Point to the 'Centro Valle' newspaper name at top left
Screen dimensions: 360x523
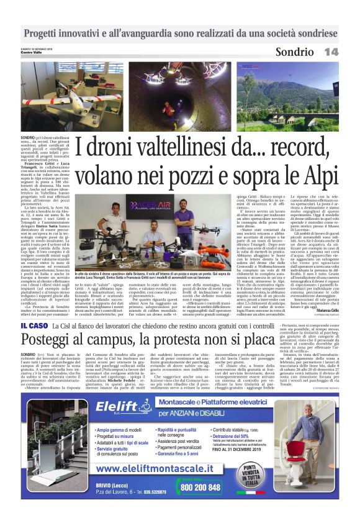31,50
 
